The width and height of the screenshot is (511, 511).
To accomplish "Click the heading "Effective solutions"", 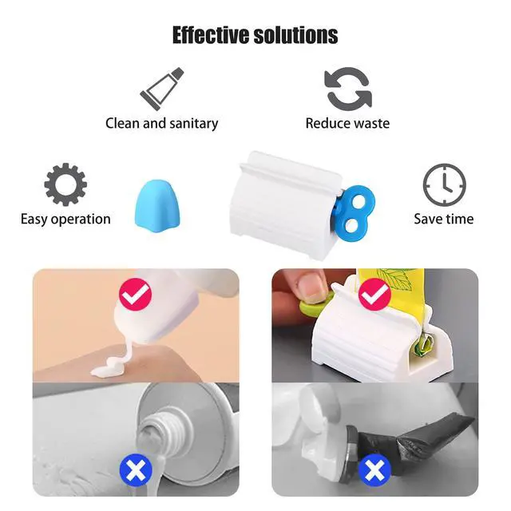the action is (255, 35).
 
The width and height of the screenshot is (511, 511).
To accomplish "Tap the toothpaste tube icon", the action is (162, 89).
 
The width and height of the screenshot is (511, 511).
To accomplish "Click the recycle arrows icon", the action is (348, 89).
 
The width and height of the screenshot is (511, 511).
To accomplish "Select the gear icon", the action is (65, 184).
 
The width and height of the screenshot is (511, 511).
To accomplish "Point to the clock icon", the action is (444, 184).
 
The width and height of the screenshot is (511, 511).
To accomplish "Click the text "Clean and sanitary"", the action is (161, 124).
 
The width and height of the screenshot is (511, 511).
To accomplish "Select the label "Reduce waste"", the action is (347, 124).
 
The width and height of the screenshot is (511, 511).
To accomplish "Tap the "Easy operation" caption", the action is (65, 220).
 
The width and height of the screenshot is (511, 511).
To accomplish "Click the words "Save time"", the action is (444, 219).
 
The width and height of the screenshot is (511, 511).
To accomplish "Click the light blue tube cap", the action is (157, 207).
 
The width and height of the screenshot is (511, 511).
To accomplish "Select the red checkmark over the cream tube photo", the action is (136, 295).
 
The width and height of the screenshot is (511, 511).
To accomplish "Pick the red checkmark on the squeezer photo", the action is (374, 295).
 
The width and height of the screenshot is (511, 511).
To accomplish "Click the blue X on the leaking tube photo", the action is (136, 470).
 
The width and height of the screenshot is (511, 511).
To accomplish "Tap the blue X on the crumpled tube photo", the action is (374, 470).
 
